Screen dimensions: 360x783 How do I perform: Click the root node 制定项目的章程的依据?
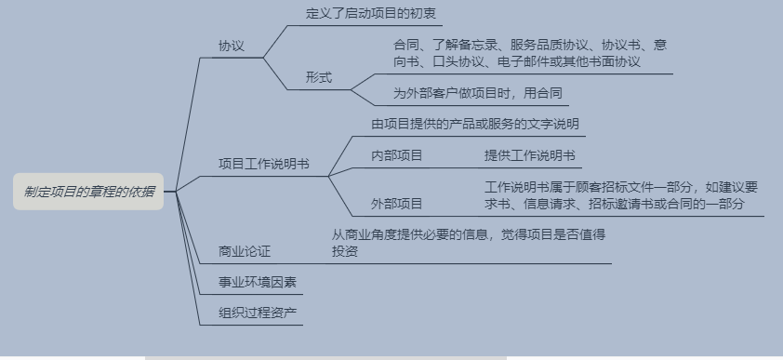[x=89, y=192]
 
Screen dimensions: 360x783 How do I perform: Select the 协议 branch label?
[x=232, y=46]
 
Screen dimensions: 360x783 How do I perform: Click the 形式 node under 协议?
[x=319, y=77]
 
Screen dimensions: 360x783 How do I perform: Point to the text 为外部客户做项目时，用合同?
[x=478, y=93]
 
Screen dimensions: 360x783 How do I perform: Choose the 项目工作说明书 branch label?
[x=264, y=164]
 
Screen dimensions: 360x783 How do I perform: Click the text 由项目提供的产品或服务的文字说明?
[x=475, y=124]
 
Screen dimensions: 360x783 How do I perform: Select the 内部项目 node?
[x=396, y=155]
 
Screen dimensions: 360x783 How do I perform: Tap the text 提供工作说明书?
[x=529, y=155]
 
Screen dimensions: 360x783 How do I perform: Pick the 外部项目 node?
[x=396, y=204]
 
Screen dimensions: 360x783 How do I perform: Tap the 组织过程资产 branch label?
[x=258, y=312]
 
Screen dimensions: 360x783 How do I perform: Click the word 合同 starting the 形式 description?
[x=406, y=45]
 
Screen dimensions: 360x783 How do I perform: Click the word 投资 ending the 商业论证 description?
[x=345, y=251]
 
